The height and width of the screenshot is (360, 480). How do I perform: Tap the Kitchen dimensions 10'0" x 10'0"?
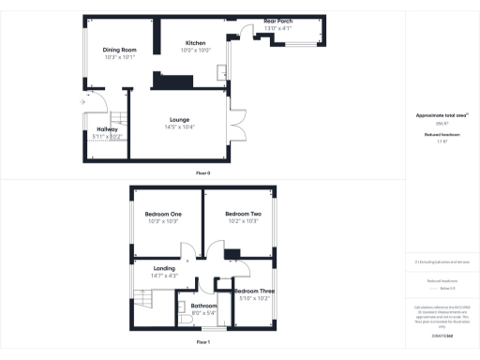point(197,50)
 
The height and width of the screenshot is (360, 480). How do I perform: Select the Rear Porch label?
point(278,22)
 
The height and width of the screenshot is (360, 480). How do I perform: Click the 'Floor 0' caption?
point(202,172)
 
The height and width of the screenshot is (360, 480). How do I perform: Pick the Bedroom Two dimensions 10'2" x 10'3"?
point(243,221)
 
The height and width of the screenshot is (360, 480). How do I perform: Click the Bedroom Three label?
point(253,292)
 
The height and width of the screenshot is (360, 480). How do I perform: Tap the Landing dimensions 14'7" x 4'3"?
point(164,276)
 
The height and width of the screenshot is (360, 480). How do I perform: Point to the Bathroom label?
point(203,306)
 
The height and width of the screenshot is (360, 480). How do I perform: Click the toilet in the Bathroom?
point(185,319)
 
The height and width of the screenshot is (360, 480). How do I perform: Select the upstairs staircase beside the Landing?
point(142,300)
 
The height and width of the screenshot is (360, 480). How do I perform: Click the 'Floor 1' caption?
point(202,342)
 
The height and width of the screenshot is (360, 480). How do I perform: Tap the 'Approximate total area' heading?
point(442,115)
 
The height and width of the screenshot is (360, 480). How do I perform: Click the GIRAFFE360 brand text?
point(442,335)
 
